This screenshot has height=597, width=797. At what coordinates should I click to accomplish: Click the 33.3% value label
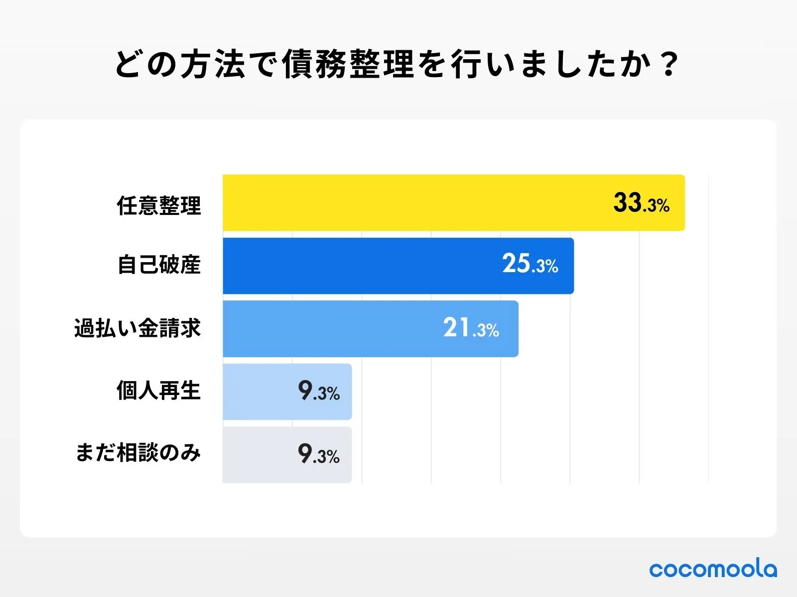click(x=641, y=203)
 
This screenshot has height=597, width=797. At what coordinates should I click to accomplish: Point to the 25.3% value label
click(x=530, y=264)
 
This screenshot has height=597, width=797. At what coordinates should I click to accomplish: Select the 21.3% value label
click(x=471, y=328)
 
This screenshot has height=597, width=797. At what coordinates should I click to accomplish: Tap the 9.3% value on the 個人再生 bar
click(x=319, y=391)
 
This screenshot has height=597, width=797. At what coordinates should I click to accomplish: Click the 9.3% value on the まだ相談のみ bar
click(x=319, y=454)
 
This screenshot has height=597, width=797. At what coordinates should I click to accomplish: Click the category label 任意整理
click(x=159, y=205)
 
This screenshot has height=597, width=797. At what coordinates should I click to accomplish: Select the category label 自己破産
click(x=159, y=265)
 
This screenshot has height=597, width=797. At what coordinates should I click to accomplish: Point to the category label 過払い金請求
click(x=137, y=328)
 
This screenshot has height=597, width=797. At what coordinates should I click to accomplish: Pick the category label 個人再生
click(x=159, y=391)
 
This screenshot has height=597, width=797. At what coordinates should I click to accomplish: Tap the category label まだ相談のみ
click(x=138, y=453)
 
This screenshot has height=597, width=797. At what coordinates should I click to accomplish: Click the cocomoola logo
click(x=713, y=569)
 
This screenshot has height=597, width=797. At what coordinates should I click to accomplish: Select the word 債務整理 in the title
click(x=348, y=65)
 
